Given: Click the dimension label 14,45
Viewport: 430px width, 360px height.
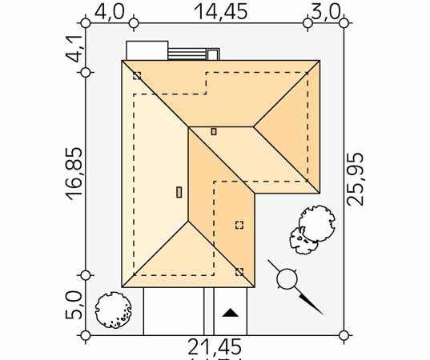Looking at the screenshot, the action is pos(221,11).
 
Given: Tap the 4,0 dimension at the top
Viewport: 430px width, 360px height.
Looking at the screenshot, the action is pos(110,11).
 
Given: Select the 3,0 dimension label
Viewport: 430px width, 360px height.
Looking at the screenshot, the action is pos(326,12).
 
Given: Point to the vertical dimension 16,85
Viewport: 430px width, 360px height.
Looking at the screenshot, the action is pos(74,174).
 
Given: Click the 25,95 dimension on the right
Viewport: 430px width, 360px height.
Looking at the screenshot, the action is pos(356,179).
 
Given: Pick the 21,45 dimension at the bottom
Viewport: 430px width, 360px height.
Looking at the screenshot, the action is pos(215,347).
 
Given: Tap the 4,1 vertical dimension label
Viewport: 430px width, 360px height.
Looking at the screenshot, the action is pos(74,49).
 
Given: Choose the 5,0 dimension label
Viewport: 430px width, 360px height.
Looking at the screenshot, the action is pos(74,306).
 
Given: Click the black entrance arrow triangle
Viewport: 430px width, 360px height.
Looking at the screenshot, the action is pos(231,313).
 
